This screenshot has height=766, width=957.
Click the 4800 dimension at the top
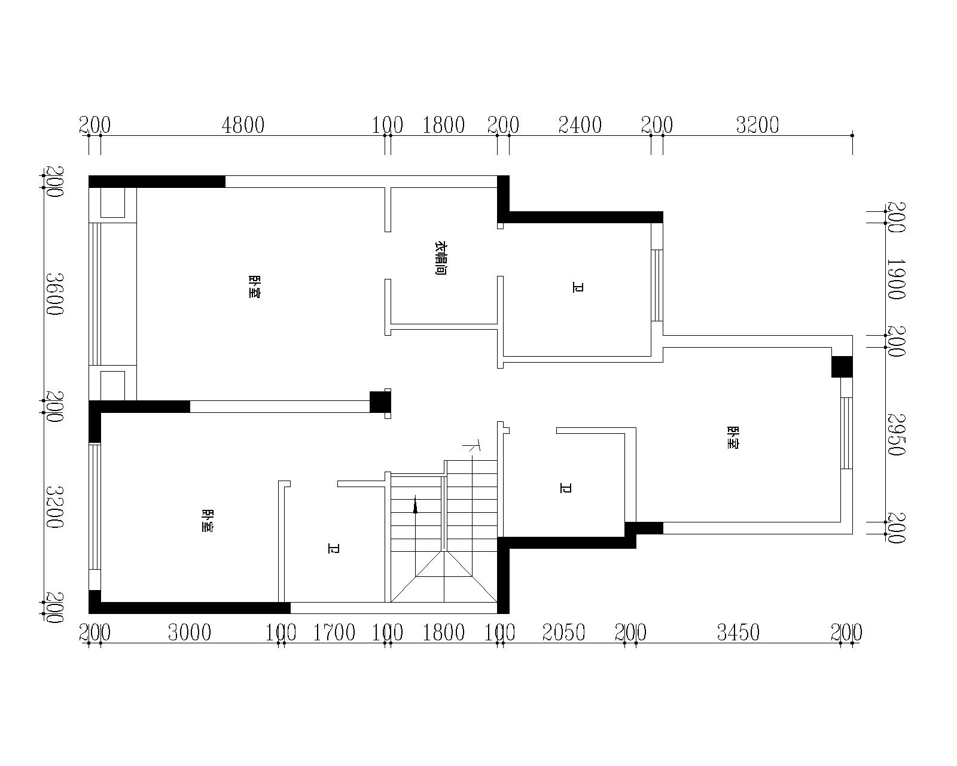[243, 125]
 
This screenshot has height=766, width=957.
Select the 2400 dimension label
[580, 125]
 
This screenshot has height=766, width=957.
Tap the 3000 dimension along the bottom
[190, 633]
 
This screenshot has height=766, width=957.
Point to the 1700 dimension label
[334, 633]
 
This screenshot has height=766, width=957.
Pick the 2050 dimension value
[563, 633]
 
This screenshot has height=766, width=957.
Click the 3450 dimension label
[738, 633]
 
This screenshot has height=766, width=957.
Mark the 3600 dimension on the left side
[55, 294]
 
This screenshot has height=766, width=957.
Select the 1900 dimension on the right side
[895, 279]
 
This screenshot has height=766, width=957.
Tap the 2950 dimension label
[895, 434]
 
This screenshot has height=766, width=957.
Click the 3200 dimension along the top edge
[757, 125]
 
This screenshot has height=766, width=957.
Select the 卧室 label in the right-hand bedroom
[733, 437]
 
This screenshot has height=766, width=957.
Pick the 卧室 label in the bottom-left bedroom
[207, 521]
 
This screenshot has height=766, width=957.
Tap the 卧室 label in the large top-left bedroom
[254, 287]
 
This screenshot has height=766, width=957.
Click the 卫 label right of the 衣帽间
[578, 287]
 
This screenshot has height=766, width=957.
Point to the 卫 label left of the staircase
[333, 548]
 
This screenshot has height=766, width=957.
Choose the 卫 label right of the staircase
[565, 488]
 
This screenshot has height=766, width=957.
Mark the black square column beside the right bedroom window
[842, 367]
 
